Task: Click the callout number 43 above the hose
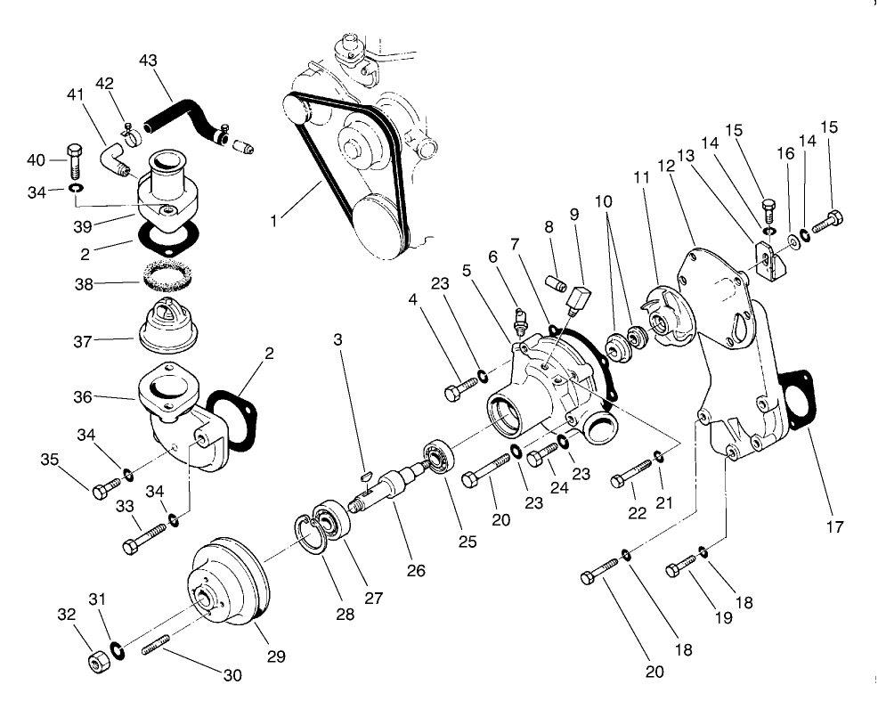pyautogui.click(x=149, y=61)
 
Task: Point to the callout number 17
pyautogui.click(x=834, y=526)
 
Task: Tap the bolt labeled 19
pyautogui.click(x=682, y=563)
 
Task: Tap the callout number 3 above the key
pyautogui.click(x=337, y=339)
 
